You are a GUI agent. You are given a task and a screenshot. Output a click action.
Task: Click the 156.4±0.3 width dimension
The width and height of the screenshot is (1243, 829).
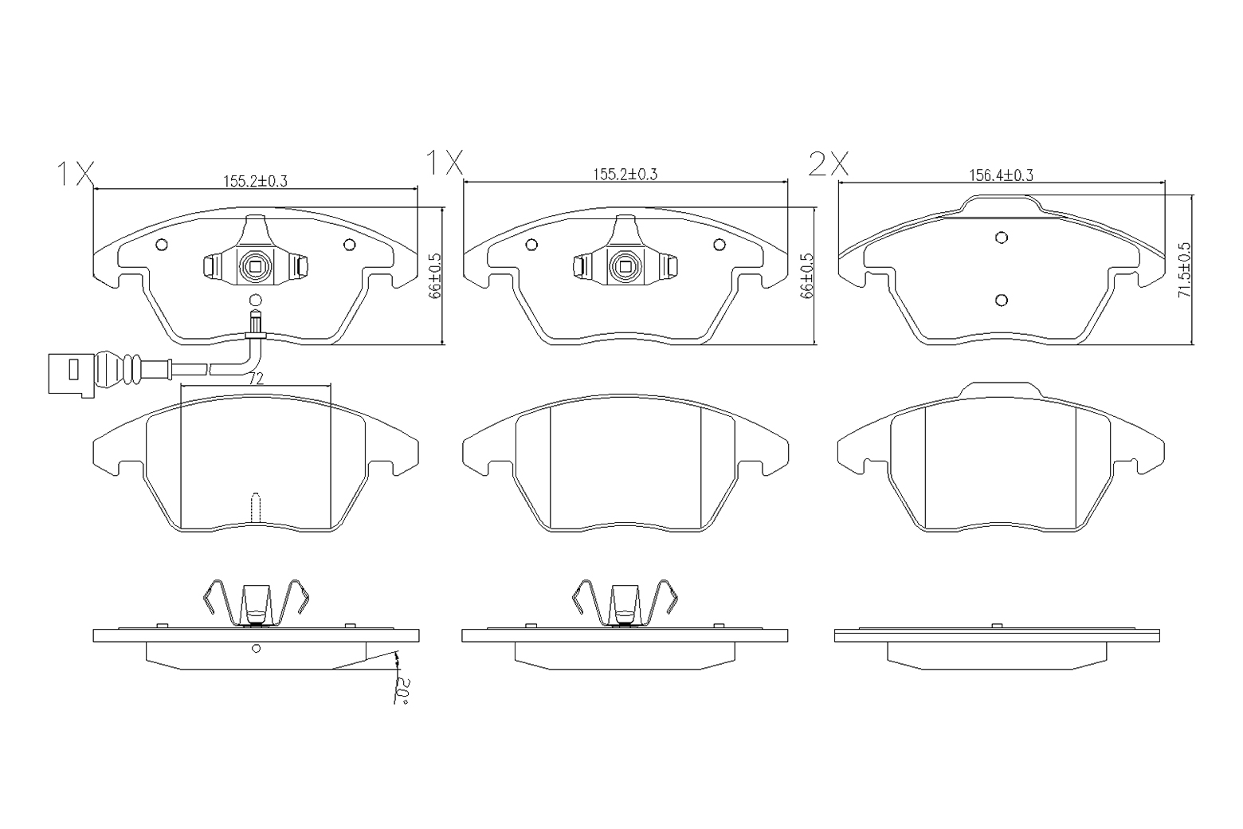(1001, 175)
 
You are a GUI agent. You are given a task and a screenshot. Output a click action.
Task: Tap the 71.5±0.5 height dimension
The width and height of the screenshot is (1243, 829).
(1184, 270)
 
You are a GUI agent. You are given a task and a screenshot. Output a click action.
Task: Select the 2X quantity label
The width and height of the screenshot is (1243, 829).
(829, 164)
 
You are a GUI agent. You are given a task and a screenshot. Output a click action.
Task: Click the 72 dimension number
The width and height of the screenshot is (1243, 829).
(256, 379)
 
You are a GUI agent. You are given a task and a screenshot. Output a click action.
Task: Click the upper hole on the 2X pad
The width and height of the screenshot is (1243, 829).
(1001, 238)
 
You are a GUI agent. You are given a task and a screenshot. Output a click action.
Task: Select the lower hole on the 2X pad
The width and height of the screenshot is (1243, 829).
(1001, 301)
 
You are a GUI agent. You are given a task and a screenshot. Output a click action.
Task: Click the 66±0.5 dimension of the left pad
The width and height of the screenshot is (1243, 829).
(433, 277)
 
